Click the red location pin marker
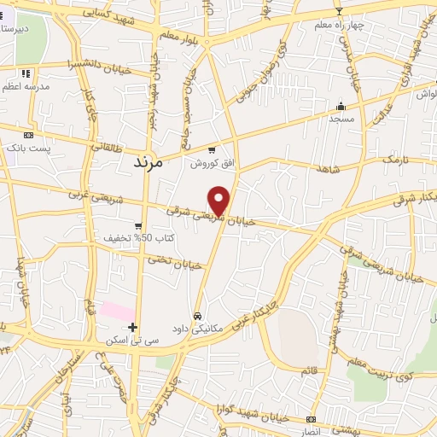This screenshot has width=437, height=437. pyautogui.click(x=219, y=201)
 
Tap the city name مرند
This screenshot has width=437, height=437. pyautogui.click(x=154, y=160)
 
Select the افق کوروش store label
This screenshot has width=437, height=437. pyautogui.click(x=206, y=162)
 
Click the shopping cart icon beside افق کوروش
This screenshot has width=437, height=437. pyautogui.click(x=212, y=150)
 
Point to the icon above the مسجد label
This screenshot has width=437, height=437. pyautogui.click(x=341, y=107)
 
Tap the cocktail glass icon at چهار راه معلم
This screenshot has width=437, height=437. pyautogui.click(x=339, y=11)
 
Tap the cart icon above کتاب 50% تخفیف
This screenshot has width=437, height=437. pyautogui.click(x=138, y=225)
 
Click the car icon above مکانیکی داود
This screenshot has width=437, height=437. pyautogui.click(x=198, y=315)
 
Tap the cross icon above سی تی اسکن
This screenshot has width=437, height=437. pyautogui.click(x=131, y=327)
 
